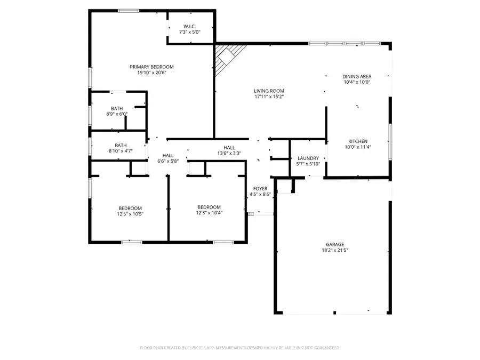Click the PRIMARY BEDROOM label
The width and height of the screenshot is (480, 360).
(x=151, y=67)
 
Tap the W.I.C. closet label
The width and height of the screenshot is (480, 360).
(x=190, y=27)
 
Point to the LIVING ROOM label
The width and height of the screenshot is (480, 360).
(x=269, y=91)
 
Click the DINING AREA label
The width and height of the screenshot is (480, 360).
(x=357, y=76)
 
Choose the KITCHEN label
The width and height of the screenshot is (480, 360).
(x=357, y=141)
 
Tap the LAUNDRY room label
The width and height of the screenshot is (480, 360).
(x=308, y=158)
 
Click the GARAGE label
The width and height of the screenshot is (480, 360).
(x=335, y=244)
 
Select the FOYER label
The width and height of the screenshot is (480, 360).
(x=260, y=189)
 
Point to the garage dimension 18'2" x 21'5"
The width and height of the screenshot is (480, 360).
(x=335, y=250)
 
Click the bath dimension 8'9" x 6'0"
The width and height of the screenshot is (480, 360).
(x=116, y=114)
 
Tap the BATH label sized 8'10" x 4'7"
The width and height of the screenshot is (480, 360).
(x=121, y=145)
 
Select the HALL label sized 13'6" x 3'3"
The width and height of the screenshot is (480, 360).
(x=229, y=147)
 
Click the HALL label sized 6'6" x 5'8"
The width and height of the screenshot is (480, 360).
(x=167, y=155)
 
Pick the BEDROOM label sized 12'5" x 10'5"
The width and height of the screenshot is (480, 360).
(x=130, y=208)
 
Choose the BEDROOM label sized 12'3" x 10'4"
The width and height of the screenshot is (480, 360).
(x=209, y=207)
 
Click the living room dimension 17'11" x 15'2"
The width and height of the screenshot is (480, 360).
(x=269, y=97)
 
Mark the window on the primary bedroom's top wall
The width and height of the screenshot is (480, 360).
(x=129, y=11)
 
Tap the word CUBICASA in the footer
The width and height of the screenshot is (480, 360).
(x=195, y=348)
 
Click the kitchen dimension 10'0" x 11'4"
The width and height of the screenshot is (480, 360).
(x=357, y=147)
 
